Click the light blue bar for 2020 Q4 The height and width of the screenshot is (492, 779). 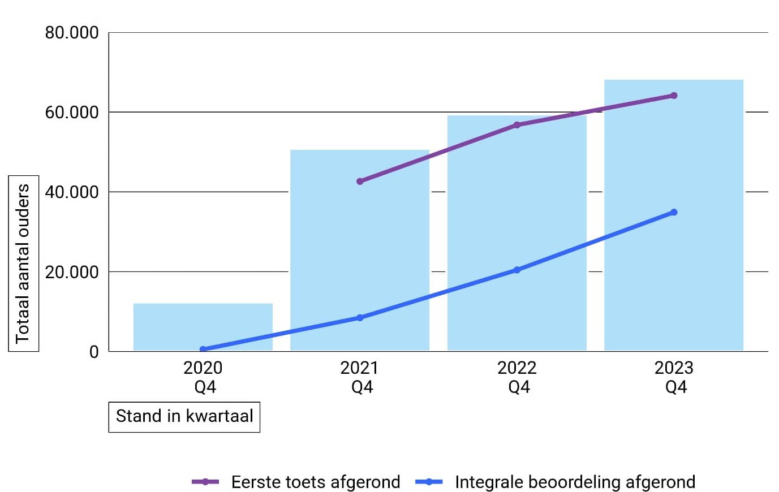click(x=203, y=327)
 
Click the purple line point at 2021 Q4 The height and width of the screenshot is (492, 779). click(x=360, y=182)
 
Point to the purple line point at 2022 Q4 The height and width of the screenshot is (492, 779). click(x=517, y=125)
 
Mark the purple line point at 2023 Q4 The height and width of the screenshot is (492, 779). click(x=674, y=96)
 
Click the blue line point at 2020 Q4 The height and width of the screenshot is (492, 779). click(x=203, y=349)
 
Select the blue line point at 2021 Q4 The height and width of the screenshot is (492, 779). click(x=360, y=318)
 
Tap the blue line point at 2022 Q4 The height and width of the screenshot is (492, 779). click(x=517, y=270)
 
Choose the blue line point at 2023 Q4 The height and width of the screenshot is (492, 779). click(x=674, y=213)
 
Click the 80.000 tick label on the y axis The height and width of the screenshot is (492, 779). click(x=72, y=33)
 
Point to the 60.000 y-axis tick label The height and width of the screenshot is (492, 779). click(x=72, y=113)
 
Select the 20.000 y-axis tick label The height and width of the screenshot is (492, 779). click(x=72, y=272)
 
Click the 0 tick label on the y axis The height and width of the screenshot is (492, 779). click(x=94, y=352)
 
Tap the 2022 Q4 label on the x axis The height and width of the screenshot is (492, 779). click(x=517, y=377)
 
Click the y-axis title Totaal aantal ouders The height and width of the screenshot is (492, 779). click(x=23, y=264)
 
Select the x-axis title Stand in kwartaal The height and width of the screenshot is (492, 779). click(x=184, y=417)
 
